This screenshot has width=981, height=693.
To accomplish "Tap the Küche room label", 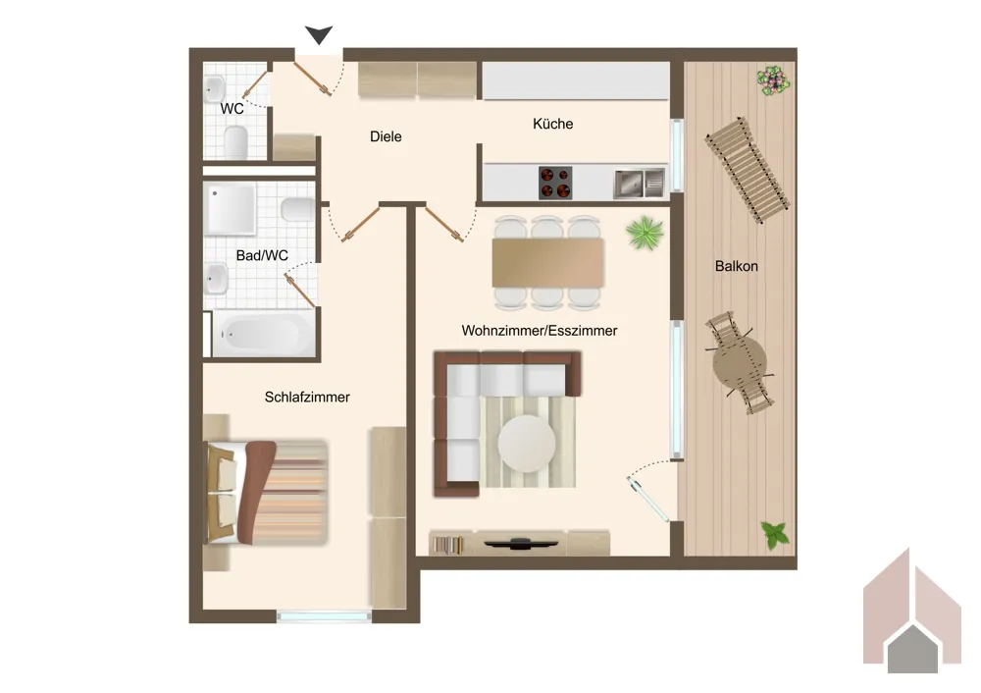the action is coord(553,124).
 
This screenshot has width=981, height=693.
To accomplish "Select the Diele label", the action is coord(386,136).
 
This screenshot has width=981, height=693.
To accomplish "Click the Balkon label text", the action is coord(737,266).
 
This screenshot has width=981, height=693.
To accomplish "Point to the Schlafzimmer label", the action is coord(307,397).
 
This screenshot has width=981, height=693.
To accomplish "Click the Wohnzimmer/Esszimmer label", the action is coord(540,331).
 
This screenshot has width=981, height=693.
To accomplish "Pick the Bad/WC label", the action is coord(262,255).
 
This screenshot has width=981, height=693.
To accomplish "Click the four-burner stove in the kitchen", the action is coord(555,183).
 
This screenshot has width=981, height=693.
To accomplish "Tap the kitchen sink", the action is coord(639,184).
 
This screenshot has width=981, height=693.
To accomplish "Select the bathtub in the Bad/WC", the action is coord(264,334).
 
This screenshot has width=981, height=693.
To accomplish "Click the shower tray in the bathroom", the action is coord(231,208).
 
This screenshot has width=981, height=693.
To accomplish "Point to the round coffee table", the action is coord(527,444).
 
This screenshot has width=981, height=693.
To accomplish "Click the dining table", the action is coord(548,262).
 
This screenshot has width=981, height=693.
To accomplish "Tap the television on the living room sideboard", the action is coord(519,543).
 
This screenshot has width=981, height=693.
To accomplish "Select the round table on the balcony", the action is coord(740,362).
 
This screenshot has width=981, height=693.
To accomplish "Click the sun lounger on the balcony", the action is coord(747,170).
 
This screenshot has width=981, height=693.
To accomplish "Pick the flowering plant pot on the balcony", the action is coord(773,80).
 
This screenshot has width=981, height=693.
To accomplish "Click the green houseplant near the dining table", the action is coord(645,233).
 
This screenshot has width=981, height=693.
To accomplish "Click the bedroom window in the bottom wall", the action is coord(324,616).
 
